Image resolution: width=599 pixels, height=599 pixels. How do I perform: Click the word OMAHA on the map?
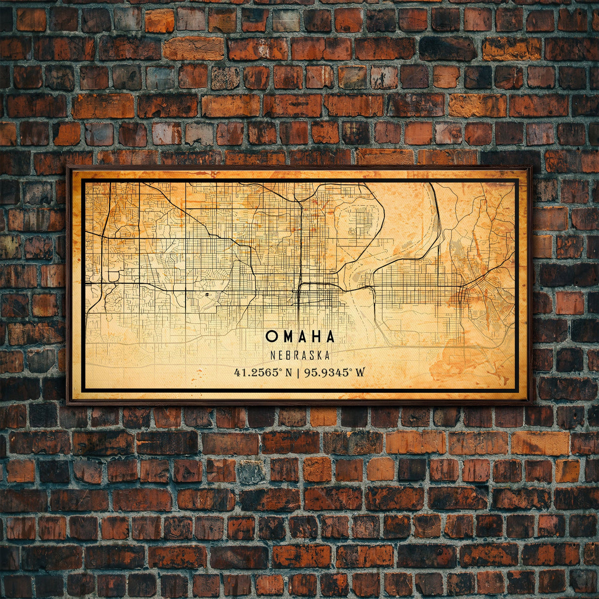tap(300, 337)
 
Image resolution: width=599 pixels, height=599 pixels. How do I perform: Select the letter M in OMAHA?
tap(286, 337)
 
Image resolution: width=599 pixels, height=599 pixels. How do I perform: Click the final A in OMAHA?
tap(330, 337)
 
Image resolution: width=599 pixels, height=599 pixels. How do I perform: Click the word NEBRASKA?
tap(300, 355)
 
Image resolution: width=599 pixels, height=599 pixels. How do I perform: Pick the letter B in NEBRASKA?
tap(288, 355)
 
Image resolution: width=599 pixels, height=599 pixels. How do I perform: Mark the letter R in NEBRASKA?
tap(296, 355)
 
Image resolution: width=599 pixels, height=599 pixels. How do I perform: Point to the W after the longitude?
tap(360, 372)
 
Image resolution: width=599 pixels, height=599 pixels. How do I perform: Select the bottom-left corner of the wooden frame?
tap(68, 403)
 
